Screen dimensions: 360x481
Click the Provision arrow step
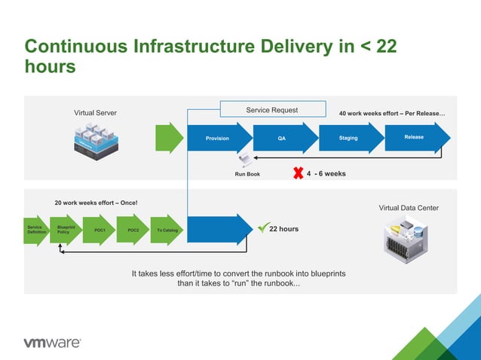218,139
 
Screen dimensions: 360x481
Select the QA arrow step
282,139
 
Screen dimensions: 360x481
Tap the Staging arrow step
348,138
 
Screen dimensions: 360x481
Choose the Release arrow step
414,137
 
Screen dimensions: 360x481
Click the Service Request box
272,110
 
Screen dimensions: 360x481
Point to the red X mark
298,173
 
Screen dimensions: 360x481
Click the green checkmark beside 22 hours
262,227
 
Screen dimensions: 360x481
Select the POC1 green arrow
100,230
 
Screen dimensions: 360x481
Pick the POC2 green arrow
133,230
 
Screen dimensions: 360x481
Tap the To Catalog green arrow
167,230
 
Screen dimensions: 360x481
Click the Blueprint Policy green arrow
65,230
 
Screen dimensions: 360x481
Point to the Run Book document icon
247,160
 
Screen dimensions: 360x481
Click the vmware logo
52,343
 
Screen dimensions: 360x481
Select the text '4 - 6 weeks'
326,173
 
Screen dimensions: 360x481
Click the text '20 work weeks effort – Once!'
96,203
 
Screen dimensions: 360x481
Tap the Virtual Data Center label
408,208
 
